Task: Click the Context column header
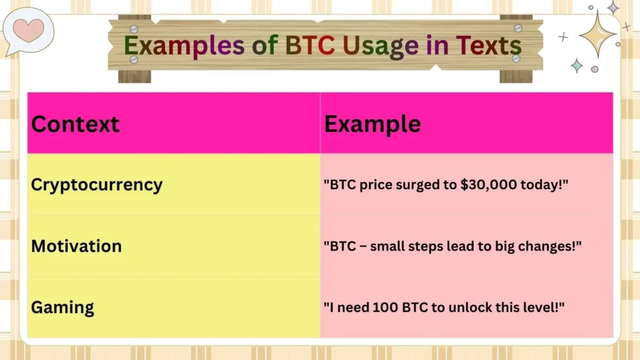(x=75, y=124)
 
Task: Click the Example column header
(x=372, y=124)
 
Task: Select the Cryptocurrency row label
(x=96, y=184)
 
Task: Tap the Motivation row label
(x=76, y=246)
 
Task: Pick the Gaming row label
(x=62, y=307)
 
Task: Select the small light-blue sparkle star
(x=576, y=65)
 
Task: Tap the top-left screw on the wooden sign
(x=134, y=29)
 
